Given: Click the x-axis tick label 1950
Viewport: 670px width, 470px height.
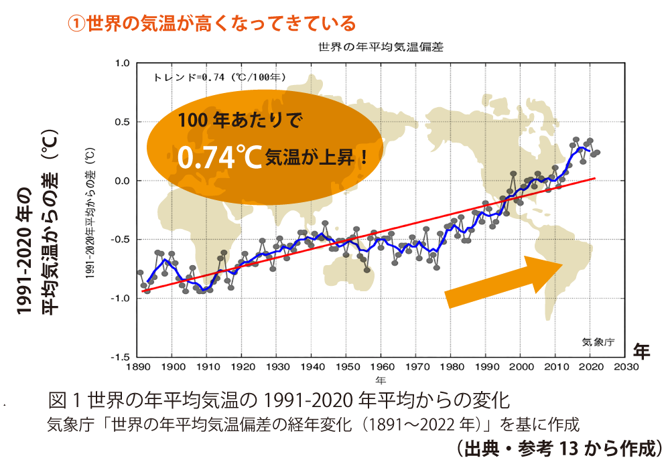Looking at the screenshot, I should [346, 366].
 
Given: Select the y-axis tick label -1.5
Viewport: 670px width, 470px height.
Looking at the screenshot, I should [121, 357].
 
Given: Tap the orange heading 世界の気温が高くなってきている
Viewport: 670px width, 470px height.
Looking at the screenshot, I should [212, 24].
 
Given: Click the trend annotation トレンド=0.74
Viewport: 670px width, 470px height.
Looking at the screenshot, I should [220, 77].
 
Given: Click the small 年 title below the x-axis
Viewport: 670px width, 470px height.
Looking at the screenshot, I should [381, 380].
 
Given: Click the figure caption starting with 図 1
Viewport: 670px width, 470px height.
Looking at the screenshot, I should [279, 401].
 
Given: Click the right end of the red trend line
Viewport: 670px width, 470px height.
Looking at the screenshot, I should [594, 178].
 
